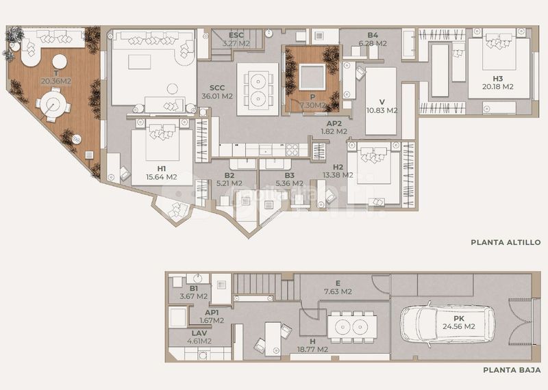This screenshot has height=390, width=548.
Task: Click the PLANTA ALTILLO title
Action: point(506,242)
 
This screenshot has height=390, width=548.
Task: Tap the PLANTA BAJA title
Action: point(512,369)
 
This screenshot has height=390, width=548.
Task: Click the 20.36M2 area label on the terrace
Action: point(56,81)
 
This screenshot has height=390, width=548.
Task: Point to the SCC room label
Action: point(217,88)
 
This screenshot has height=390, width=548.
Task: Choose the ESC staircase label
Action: point(236,36)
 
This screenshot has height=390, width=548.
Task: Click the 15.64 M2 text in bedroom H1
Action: point(162,177)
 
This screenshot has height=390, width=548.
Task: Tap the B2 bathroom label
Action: point(229,175)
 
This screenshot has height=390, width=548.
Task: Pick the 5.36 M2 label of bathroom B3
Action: point(289,183)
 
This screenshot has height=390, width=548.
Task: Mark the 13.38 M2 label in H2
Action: point(338,175)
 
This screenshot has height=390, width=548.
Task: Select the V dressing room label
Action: point(382,102)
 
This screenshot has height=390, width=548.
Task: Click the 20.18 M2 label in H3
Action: point(498,87)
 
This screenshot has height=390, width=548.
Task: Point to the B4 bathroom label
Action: point(373,36)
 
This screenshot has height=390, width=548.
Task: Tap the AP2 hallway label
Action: point(334,123)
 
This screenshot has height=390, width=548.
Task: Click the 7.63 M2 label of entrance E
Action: point(338,291)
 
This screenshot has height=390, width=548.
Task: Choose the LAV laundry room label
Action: point(199,333)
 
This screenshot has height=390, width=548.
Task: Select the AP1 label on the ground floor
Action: point(212,313)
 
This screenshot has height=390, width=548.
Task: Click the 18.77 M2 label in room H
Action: point(312,350)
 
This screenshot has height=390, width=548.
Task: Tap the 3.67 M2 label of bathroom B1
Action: point(194,296)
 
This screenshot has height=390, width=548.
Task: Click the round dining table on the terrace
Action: point(53,104)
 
